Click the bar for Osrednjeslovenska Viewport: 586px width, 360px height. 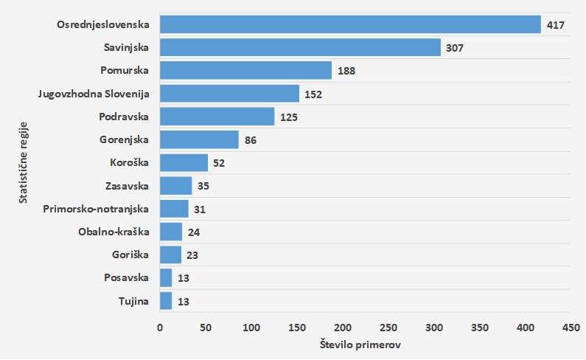coord(350,24)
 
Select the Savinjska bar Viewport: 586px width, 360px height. coord(300,48)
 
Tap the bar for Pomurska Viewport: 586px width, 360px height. coord(245,71)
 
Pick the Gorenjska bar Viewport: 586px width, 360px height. coord(199,139)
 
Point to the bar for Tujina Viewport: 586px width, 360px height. coord(166,301)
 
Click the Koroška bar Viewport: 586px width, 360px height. coord(184,162)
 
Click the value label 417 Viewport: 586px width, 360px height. coord(555,25)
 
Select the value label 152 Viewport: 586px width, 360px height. coord(313,94)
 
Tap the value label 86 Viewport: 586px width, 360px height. coord(251,140)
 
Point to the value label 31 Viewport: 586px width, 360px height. coord(200,210)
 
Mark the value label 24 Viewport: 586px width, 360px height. coord(193,232)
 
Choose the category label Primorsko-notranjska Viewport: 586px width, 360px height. coord(96,209)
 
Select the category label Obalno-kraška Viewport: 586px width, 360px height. coord(114,232)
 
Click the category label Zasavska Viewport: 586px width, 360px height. coord(127,186)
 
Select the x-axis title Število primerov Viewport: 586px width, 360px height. coord(360,345)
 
